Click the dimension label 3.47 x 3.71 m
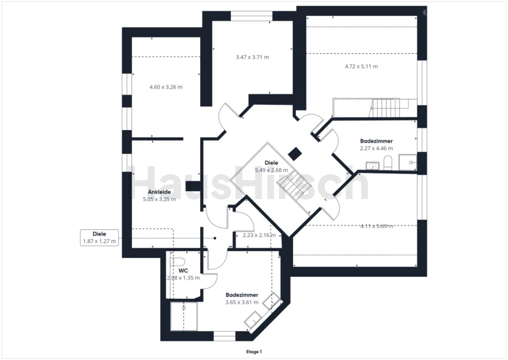(x=252, y=57)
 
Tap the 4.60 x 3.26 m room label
(x=166, y=87)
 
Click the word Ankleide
(x=159, y=192)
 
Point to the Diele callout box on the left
(x=99, y=238)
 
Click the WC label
(x=183, y=270)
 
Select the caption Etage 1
(x=254, y=351)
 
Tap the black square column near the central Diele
(x=295, y=153)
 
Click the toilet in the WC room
(x=179, y=262)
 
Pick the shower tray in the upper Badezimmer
(x=408, y=162)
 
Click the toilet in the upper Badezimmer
(x=388, y=163)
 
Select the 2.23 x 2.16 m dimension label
(x=256, y=235)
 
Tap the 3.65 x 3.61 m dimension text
(x=242, y=302)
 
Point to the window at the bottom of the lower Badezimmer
(x=224, y=336)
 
